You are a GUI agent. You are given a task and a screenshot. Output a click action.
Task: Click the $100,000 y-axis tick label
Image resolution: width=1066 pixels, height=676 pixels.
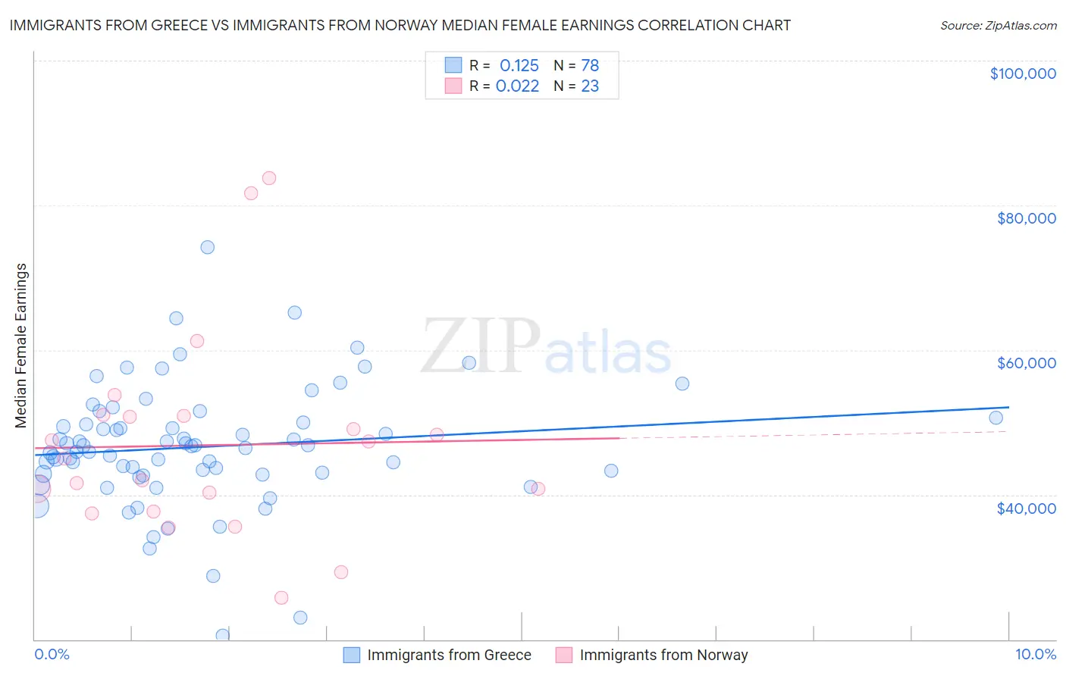[x=1023, y=74]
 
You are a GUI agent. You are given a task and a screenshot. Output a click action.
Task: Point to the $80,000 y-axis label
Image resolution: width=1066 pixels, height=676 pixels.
[x=1026, y=218]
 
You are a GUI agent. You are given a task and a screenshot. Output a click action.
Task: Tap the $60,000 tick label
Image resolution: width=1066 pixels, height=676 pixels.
[x=1026, y=363]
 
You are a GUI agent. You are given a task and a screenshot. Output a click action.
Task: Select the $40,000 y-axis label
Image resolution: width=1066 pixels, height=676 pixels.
[x=1026, y=508]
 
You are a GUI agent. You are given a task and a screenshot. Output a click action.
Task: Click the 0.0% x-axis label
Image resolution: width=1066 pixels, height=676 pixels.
[x=52, y=654]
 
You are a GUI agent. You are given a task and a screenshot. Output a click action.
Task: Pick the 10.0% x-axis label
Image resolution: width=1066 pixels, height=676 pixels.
[x=1035, y=654]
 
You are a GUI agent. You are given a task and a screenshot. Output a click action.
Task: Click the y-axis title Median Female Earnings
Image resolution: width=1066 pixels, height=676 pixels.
[x=21, y=346]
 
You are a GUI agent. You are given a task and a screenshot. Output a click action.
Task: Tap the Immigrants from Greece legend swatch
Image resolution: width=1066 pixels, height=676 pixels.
[x=352, y=655]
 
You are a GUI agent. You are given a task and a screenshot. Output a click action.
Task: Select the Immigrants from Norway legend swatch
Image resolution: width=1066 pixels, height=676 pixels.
[x=563, y=655]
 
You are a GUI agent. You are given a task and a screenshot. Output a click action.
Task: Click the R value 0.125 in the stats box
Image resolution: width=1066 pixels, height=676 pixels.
[x=519, y=65]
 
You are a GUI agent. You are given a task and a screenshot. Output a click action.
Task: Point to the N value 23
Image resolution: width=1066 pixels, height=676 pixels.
[x=590, y=86]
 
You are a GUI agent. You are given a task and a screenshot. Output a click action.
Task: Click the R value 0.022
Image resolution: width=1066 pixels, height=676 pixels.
[x=517, y=86]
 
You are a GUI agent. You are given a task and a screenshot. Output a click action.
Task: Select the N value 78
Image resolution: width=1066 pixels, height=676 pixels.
[x=590, y=65]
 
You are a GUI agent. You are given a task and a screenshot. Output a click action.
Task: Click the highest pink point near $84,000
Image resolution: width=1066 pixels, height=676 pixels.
[x=268, y=178]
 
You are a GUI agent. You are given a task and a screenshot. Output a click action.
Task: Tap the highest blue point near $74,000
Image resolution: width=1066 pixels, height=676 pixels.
[x=207, y=247]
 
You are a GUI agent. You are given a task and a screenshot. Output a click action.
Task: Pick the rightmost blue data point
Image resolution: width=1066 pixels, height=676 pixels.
[x=995, y=418]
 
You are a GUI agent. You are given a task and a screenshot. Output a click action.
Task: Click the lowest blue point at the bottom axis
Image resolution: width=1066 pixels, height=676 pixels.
[x=222, y=635]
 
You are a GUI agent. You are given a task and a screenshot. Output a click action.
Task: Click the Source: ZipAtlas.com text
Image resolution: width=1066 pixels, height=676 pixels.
[x=998, y=25]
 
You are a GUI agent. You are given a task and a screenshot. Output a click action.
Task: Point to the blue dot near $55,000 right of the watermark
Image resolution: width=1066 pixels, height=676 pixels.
[x=682, y=383]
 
